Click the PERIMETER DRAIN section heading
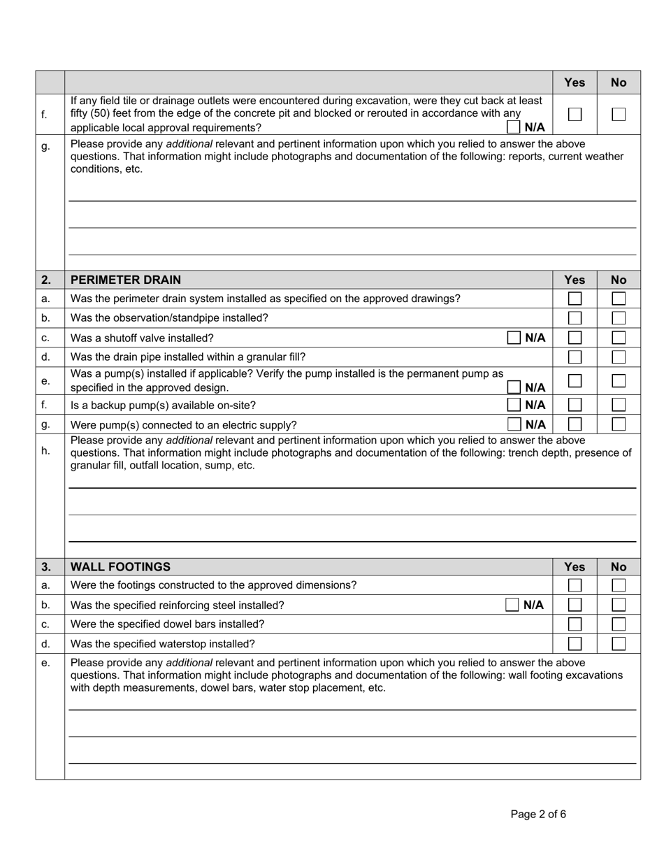[x=126, y=280]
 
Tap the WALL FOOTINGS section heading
[x=120, y=566]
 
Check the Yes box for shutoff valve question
[x=575, y=338]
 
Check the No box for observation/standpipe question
[x=619, y=318]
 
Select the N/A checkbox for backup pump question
[x=514, y=404]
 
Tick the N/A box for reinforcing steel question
[x=512, y=605]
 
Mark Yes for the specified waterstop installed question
[x=575, y=643]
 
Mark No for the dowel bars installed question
[x=619, y=624]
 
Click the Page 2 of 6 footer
[x=538, y=814]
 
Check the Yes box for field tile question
[x=575, y=115]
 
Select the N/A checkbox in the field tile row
[x=514, y=127]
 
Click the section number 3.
[x=45, y=566]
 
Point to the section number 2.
[x=45, y=280]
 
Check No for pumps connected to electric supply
[x=619, y=424]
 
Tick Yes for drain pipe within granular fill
[x=575, y=357]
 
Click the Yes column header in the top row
[x=575, y=83]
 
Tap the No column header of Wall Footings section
[x=619, y=566]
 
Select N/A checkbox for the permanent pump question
[x=514, y=387]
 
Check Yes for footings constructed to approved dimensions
[x=575, y=585]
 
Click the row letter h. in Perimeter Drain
[x=45, y=451]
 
